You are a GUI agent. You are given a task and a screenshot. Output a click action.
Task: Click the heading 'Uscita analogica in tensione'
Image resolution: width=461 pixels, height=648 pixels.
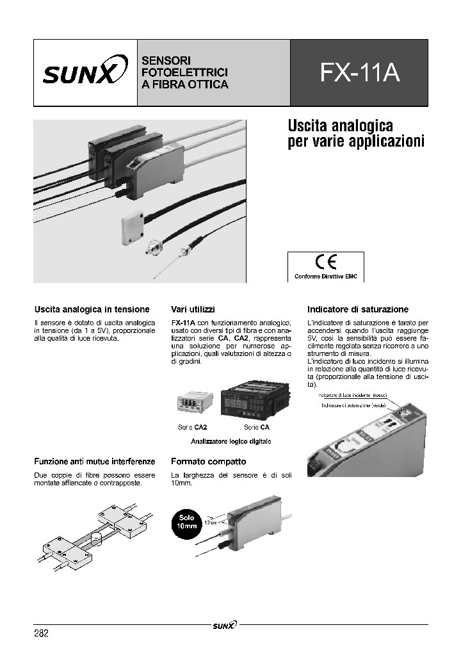[x=92, y=309]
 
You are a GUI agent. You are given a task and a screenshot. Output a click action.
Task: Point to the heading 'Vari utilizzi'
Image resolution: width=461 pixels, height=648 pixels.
[x=193, y=309]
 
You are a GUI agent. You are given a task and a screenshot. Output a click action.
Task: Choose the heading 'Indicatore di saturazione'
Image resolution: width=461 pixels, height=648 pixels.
[x=357, y=309]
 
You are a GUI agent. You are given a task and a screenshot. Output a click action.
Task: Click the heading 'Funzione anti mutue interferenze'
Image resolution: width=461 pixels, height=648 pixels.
[x=95, y=461]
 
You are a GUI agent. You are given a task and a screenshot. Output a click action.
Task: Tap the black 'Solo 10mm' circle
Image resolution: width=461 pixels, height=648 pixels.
[x=188, y=521]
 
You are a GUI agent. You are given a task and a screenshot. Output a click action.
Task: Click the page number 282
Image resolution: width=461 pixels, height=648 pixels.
[x=41, y=633]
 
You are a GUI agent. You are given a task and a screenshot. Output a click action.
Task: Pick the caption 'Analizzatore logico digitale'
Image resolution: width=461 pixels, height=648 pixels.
[x=231, y=442]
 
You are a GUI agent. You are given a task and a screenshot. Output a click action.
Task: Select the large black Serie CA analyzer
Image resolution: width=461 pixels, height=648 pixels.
[x=250, y=402]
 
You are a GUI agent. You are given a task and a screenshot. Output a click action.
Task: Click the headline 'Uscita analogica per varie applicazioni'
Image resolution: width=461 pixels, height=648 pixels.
[x=356, y=133]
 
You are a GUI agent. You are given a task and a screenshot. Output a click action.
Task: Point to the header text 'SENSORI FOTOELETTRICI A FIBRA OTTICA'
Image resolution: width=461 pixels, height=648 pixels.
[x=184, y=72]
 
